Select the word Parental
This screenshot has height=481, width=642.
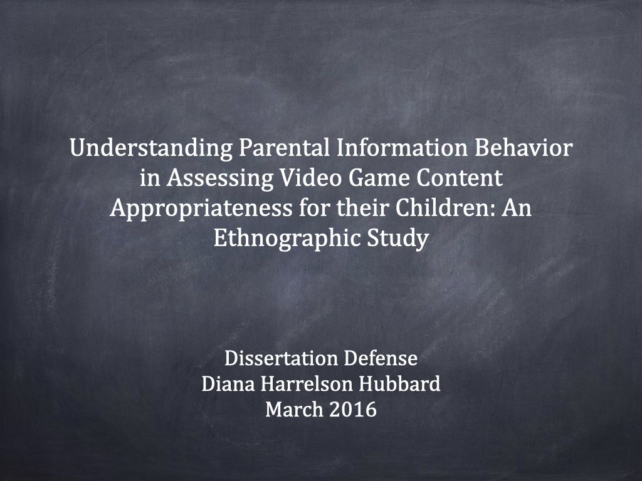284,148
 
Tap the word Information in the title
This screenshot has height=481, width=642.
402,148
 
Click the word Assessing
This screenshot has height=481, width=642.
219,178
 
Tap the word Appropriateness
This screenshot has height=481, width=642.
201,209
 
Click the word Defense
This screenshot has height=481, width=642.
381,358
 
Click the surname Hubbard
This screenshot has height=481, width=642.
399,384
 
